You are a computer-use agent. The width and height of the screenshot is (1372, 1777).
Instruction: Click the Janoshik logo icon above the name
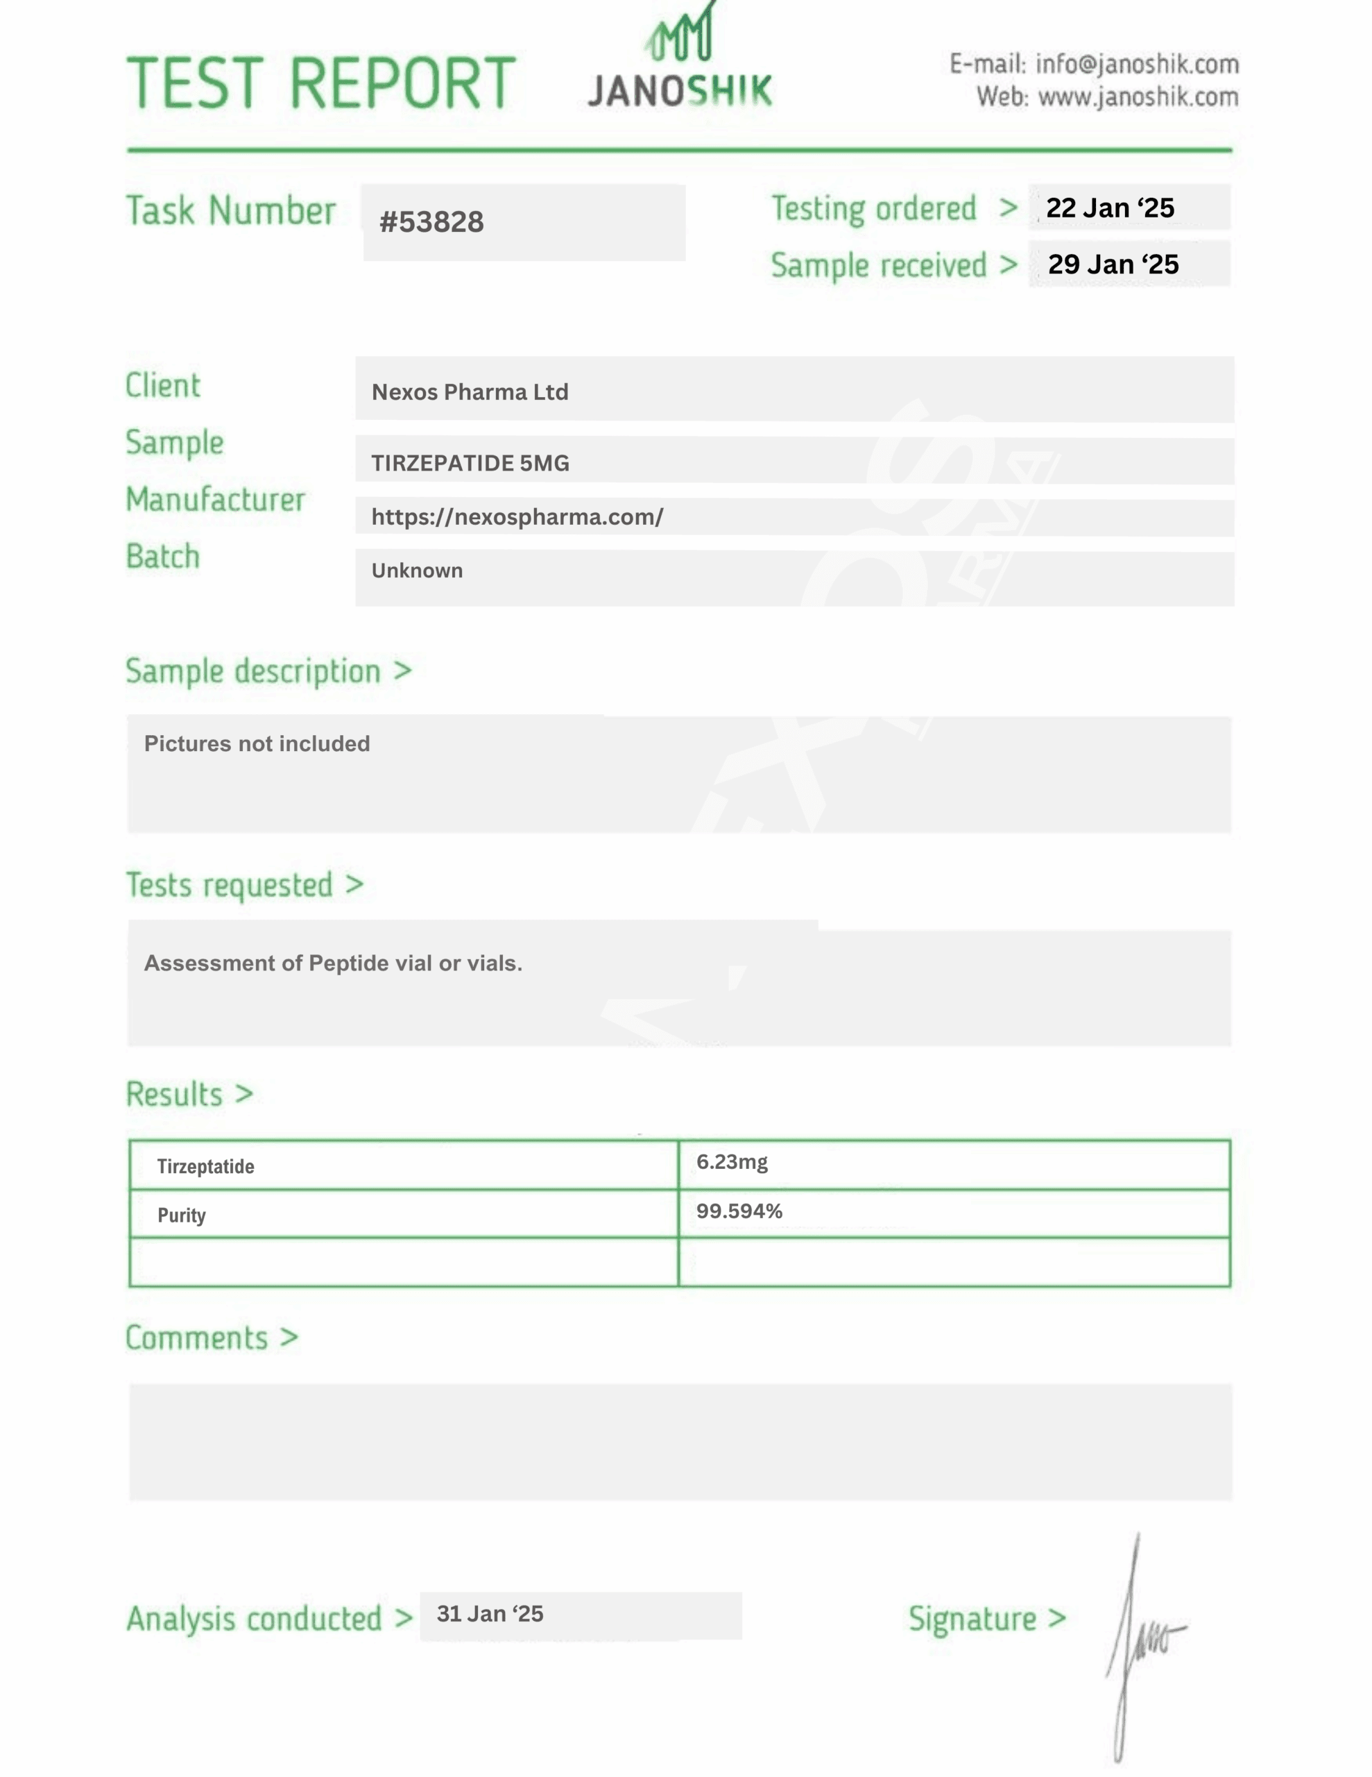pyautogui.click(x=680, y=37)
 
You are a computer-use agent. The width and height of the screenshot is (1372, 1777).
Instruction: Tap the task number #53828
pyautogui.click(x=432, y=222)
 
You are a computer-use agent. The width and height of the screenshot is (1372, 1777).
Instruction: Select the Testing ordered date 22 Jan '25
pyautogui.click(x=1110, y=208)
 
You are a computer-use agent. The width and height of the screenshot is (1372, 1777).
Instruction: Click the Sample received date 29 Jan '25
pyautogui.click(x=1113, y=264)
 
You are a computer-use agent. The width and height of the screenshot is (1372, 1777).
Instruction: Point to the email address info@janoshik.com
pyautogui.click(x=1137, y=65)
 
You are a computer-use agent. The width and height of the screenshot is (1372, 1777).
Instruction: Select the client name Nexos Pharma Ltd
pyautogui.click(x=470, y=392)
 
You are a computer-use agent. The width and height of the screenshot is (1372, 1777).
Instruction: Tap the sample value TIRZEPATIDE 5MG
pyautogui.click(x=470, y=463)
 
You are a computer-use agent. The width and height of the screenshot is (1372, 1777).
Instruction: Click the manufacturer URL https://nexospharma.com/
pyautogui.click(x=517, y=516)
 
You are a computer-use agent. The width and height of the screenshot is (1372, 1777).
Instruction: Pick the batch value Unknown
pyautogui.click(x=417, y=571)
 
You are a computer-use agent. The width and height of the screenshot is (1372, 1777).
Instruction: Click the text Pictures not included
pyautogui.click(x=257, y=743)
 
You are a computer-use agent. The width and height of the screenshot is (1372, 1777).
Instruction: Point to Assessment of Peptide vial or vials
pyautogui.click(x=334, y=963)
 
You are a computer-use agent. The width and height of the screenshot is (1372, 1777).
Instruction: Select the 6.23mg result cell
pyautogui.click(x=732, y=1162)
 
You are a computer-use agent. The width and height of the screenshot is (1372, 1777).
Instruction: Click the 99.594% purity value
pyautogui.click(x=739, y=1211)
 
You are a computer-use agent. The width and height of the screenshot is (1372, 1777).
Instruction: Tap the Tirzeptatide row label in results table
pyautogui.click(x=206, y=1167)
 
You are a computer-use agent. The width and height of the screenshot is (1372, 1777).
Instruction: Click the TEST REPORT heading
pyautogui.click(x=321, y=83)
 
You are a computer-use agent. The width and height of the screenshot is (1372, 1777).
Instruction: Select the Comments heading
pyautogui.click(x=197, y=1338)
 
